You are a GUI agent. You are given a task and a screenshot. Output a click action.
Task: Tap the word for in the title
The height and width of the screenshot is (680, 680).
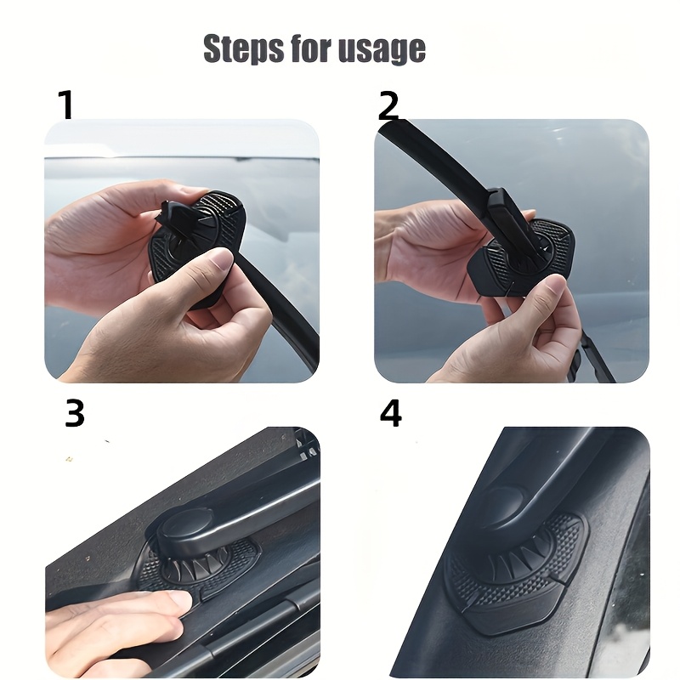click(317, 48)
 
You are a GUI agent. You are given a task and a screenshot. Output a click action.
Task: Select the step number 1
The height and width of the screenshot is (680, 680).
click(65, 105)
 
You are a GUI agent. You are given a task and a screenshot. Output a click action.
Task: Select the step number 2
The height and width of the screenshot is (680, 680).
click(388, 105)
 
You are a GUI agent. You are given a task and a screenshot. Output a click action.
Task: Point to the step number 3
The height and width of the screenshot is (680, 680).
click(75, 413)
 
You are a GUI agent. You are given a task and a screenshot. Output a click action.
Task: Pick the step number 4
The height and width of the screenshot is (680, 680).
click(390, 413)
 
